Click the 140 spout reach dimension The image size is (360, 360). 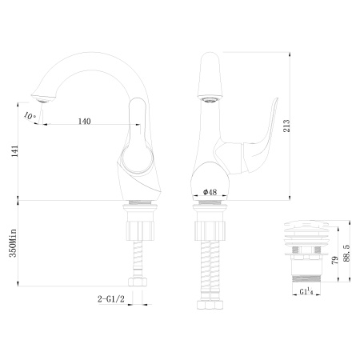point(84,121)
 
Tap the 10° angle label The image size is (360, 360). point(30,116)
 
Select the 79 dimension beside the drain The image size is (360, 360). point(334,257)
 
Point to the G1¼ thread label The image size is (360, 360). point(306,305)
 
